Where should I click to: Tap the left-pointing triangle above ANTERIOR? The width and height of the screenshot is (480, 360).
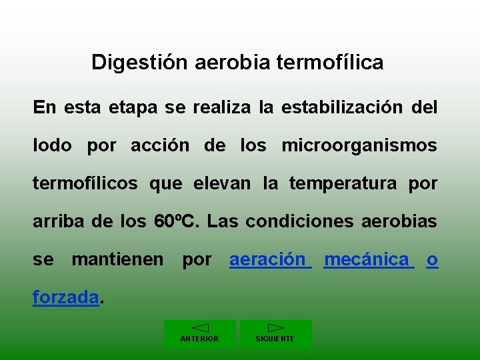tap(200, 327)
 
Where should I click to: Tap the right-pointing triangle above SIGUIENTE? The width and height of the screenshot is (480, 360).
tap(275, 327)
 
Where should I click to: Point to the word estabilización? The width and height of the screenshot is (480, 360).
tap(342, 107)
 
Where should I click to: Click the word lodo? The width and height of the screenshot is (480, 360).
tap(52, 145)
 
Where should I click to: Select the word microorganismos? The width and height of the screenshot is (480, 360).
tap(359, 145)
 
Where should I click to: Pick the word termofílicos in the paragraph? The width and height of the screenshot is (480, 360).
tap(85, 183)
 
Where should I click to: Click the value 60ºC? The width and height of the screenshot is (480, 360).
tap(171, 221)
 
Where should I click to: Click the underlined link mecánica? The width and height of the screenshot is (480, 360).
tap(367, 259)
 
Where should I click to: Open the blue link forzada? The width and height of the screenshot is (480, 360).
tap(66, 297)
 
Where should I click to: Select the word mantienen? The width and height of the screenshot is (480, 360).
tap(117, 259)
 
